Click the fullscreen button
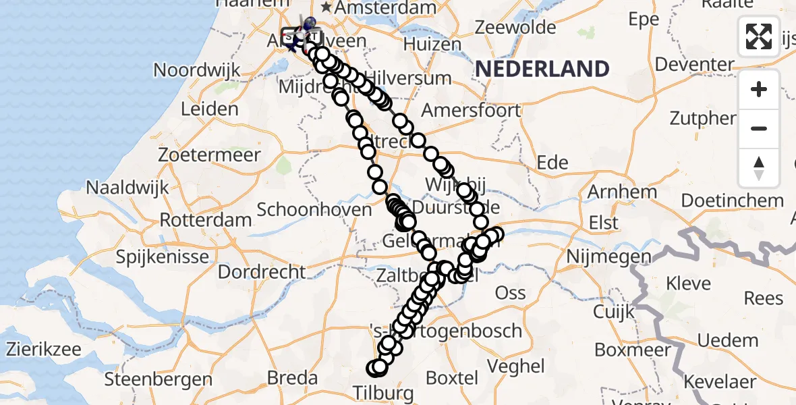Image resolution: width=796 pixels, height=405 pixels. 759,36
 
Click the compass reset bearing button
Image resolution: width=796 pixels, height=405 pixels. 759,168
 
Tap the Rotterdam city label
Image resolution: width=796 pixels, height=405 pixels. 206,220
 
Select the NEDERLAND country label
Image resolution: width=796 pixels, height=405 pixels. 542,69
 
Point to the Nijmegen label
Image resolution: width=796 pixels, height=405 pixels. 609,256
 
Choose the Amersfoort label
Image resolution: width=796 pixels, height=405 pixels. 471,110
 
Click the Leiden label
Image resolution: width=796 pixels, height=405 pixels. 210,109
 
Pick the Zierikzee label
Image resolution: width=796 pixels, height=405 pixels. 44,350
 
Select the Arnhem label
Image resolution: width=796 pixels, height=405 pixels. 613,192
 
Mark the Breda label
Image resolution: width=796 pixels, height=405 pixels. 293,377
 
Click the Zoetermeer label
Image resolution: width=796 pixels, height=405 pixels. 209,155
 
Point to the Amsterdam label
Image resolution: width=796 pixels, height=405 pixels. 388,8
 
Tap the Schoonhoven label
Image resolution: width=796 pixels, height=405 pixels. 314,209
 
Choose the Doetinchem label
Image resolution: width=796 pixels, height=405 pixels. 732,200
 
